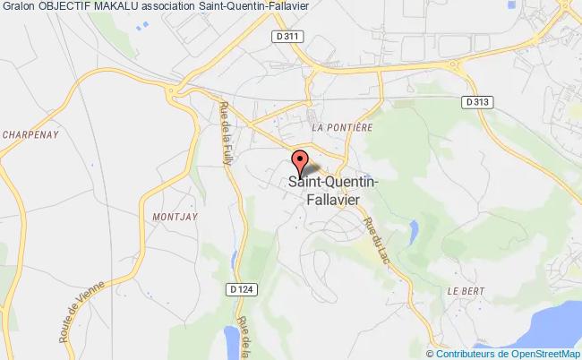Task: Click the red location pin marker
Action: click(299, 163)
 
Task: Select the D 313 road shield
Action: click(477, 102)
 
